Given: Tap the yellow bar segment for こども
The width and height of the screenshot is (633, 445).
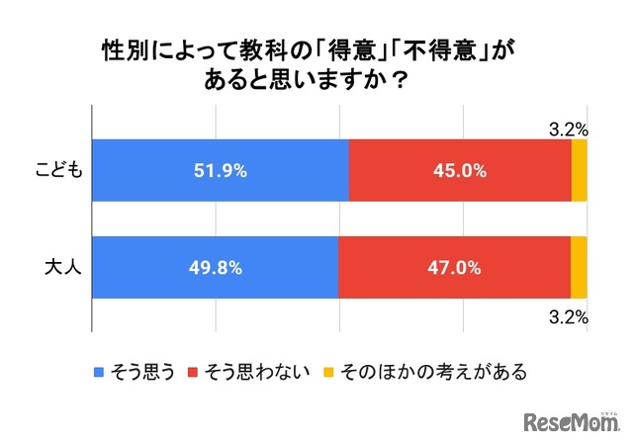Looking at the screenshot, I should pos(580,170).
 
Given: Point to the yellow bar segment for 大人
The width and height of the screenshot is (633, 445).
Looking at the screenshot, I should pos(579,267).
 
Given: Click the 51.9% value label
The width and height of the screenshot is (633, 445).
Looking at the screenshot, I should pos(221,170).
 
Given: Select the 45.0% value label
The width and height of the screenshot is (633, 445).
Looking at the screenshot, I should pos(460,170).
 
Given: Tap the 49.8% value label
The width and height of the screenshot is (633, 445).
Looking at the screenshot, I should pos(216,267).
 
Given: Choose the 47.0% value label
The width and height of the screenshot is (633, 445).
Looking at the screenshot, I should pos(455,267).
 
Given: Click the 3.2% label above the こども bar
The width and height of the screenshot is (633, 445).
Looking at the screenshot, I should pos(569,128).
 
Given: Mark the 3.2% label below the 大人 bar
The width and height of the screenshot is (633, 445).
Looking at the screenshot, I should pos(569,317).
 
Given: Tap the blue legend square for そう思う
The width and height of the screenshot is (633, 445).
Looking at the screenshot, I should pos(99,373).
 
